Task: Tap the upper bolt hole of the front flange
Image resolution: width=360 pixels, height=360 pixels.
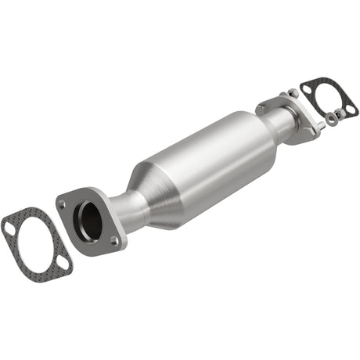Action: point(62,203)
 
